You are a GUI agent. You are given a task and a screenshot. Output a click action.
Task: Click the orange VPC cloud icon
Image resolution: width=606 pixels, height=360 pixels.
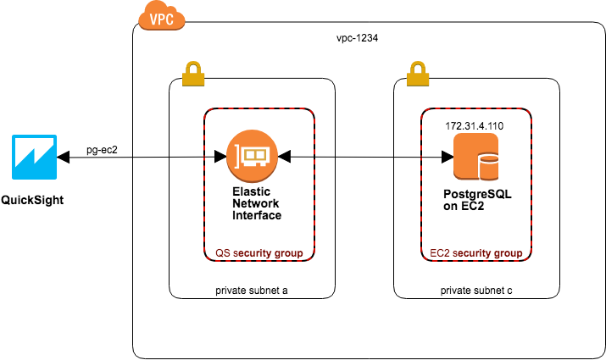click(x=161, y=16)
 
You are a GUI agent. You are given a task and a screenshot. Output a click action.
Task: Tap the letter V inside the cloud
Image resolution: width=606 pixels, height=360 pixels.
click(x=153, y=19)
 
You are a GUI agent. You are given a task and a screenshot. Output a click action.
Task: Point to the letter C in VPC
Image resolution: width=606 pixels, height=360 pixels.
click(x=170, y=19)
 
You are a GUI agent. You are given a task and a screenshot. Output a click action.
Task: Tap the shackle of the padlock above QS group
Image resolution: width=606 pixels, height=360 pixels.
click(x=193, y=66)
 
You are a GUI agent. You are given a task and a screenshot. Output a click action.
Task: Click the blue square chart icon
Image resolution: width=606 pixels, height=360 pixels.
click(x=35, y=157)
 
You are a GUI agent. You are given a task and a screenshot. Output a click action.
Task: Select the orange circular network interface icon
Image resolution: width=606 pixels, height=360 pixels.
click(x=252, y=156)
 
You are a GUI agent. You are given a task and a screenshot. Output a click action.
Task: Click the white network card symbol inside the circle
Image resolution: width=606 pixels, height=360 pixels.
click(x=253, y=157)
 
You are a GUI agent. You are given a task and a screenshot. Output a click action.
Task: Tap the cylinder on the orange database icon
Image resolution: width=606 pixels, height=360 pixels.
click(x=488, y=167)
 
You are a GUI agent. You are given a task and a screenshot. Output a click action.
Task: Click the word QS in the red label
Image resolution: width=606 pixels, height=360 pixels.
click(x=222, y=253)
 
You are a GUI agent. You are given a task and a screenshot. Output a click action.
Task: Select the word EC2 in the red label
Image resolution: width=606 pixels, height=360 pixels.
click(x=439, y=253)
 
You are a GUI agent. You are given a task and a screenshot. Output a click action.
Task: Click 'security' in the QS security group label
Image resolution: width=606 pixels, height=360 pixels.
click(x=253, y=253)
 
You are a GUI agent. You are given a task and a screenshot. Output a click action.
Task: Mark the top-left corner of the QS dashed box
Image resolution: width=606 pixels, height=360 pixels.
click(x=205, y=109)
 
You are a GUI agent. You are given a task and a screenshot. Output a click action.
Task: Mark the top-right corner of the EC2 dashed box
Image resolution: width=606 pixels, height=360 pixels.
click(x=531, y=109)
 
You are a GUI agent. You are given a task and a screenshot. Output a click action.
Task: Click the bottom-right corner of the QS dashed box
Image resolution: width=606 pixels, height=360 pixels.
click(x=314, y=260)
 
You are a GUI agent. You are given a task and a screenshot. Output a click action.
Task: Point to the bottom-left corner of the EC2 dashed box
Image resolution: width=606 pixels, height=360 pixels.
click(x=422, y=260)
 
